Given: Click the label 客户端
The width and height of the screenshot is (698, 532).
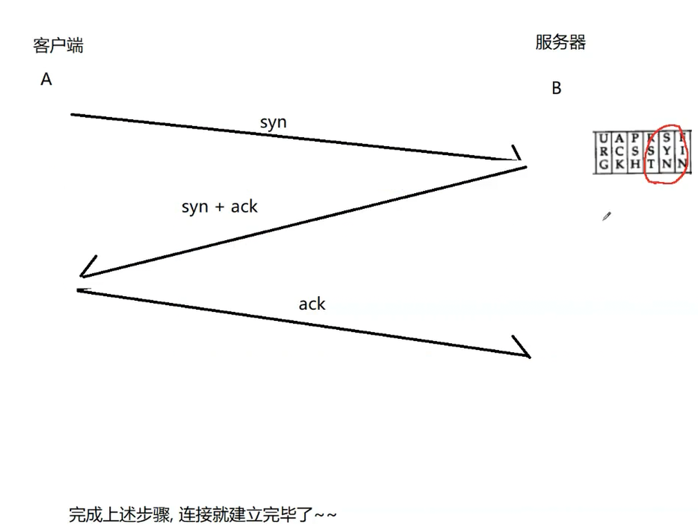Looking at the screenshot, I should pyautogui.click(x=58, y=46).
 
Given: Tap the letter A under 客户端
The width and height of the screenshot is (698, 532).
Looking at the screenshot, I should pyautogui.click(x=46, y=80).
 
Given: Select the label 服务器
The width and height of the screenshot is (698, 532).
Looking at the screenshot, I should pyautogui.click(x=560, y=43).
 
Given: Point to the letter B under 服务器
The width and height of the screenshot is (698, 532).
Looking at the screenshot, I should pyautogui.click(x=556, y=88).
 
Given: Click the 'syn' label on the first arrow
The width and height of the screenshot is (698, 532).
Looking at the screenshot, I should pyautogui.click(x=273, y=123).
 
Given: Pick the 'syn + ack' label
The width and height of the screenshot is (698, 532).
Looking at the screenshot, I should pyautogui.click(x=220, y=207).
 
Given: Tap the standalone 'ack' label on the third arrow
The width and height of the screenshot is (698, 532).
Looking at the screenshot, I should pyautogui.click(x=312, y=304).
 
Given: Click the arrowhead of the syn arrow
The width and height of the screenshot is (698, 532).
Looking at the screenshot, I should pyautogui.click(x=517, y=155).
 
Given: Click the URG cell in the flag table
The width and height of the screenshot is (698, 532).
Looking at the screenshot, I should pyautogui.click(x=603, y=151).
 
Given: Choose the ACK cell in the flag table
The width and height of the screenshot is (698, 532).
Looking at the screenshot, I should pyautogui.click(x=618, y=151).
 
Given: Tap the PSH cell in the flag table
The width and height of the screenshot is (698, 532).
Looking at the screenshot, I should pyautogui.click(x=635, y=151).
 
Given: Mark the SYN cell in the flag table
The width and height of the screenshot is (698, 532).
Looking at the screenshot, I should pyautogui.click(x=666, y=151).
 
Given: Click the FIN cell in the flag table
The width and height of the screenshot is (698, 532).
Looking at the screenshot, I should pyautogui.click(x=682, y=151).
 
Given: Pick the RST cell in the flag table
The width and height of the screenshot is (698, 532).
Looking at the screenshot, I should pyautogui.click(x=650, y=151).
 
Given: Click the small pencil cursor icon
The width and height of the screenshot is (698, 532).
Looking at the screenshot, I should pyautogui.click(x=607, y=216).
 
